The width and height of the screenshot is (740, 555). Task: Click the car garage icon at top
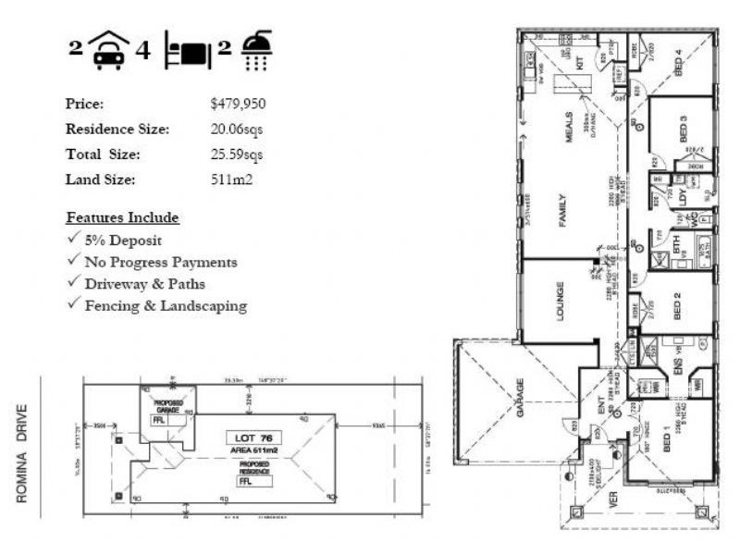point(110,50)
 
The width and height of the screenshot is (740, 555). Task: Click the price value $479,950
point(238,104)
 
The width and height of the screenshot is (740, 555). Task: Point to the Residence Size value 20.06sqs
point(237,129)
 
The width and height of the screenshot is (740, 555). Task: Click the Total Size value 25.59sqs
point(237,154)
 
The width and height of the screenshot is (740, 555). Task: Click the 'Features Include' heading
point(122,218)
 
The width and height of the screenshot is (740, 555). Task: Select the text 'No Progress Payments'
point(161,263)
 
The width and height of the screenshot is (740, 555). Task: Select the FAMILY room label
point(561,211)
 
